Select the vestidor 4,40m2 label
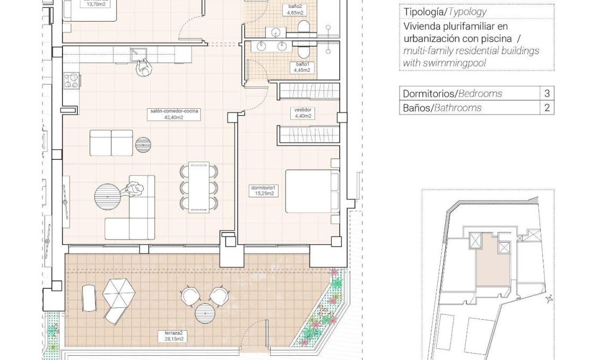tap(302, 113)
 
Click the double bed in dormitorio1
tap(312, 191)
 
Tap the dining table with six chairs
tap(199, 187)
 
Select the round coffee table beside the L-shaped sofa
tap(107, 196)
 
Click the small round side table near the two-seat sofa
tap(143, 144)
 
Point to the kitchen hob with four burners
tap(71, 81)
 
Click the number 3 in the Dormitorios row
tap(547, 93)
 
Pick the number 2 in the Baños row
tap(547, 108)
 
